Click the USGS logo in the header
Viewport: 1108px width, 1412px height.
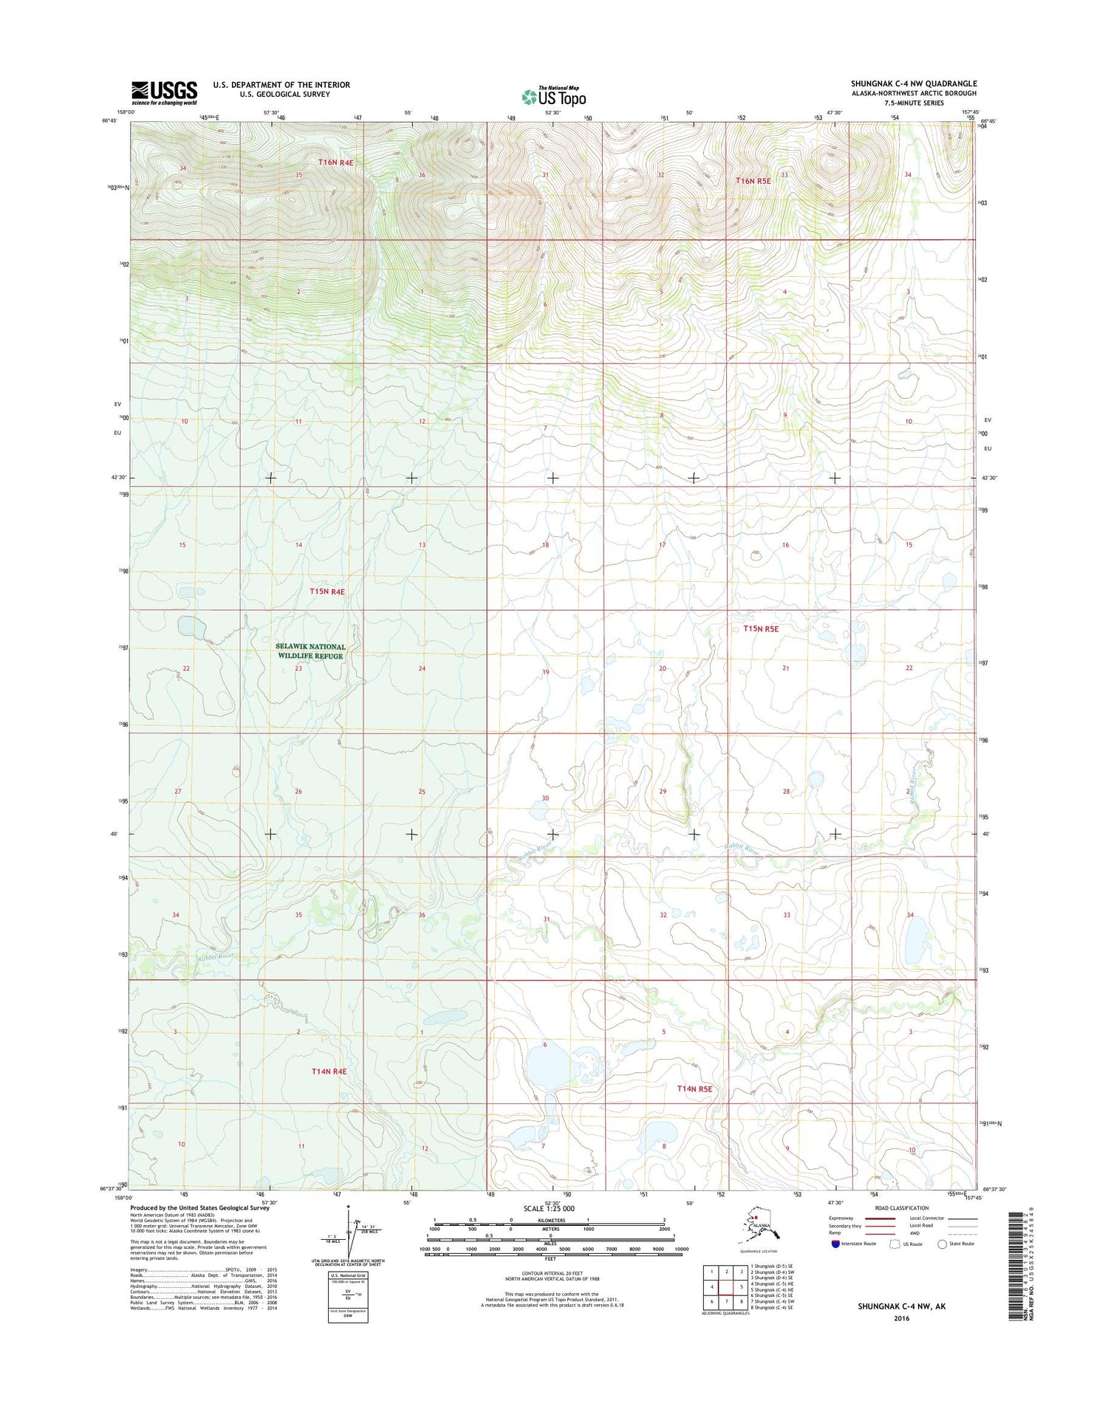(164, 92)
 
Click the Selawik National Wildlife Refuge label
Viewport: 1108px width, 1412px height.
(310, 651)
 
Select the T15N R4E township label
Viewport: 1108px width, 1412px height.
(326, 592)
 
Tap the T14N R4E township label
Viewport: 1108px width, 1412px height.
(329, 1071)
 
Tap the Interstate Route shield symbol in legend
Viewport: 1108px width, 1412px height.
(835, 1244)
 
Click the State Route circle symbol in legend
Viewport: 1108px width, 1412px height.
(942, 1244)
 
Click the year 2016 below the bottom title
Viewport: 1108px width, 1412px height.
(901, 1318)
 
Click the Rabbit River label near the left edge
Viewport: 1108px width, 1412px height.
(214, 956)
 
